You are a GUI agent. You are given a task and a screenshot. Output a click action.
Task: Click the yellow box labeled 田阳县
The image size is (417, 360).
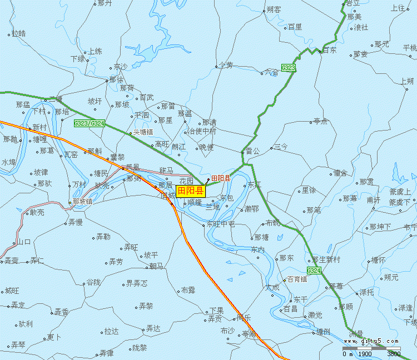191,191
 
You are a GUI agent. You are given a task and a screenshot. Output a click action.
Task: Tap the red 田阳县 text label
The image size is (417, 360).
221,178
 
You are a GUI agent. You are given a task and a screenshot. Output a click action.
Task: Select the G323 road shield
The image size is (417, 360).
288,68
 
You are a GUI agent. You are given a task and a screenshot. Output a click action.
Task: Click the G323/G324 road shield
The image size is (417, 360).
89,123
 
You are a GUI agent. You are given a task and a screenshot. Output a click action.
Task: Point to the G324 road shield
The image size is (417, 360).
314,271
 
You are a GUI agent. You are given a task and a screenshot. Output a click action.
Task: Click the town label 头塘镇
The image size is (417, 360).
142,132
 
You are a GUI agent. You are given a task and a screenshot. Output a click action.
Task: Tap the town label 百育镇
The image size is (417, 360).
297,279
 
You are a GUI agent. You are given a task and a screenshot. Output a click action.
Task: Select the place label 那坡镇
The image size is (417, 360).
82,202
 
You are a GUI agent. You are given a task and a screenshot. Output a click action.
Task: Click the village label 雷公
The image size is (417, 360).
252,151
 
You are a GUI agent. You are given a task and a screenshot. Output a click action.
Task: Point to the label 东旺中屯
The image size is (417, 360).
221,224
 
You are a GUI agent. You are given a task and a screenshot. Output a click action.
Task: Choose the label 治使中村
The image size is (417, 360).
201,131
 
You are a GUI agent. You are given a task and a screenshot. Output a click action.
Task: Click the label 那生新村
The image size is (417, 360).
329,259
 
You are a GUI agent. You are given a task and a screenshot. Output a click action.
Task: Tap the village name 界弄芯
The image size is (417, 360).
137,283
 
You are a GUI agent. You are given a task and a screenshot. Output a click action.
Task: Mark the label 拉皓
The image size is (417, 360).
18,33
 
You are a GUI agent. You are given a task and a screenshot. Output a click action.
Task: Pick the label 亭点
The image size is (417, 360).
321,121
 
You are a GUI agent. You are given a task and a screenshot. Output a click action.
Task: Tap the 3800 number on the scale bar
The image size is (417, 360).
393,354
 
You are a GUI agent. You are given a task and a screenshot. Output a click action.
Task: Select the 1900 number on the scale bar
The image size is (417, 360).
365,354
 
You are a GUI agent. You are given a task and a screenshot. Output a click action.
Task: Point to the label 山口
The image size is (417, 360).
24,242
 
